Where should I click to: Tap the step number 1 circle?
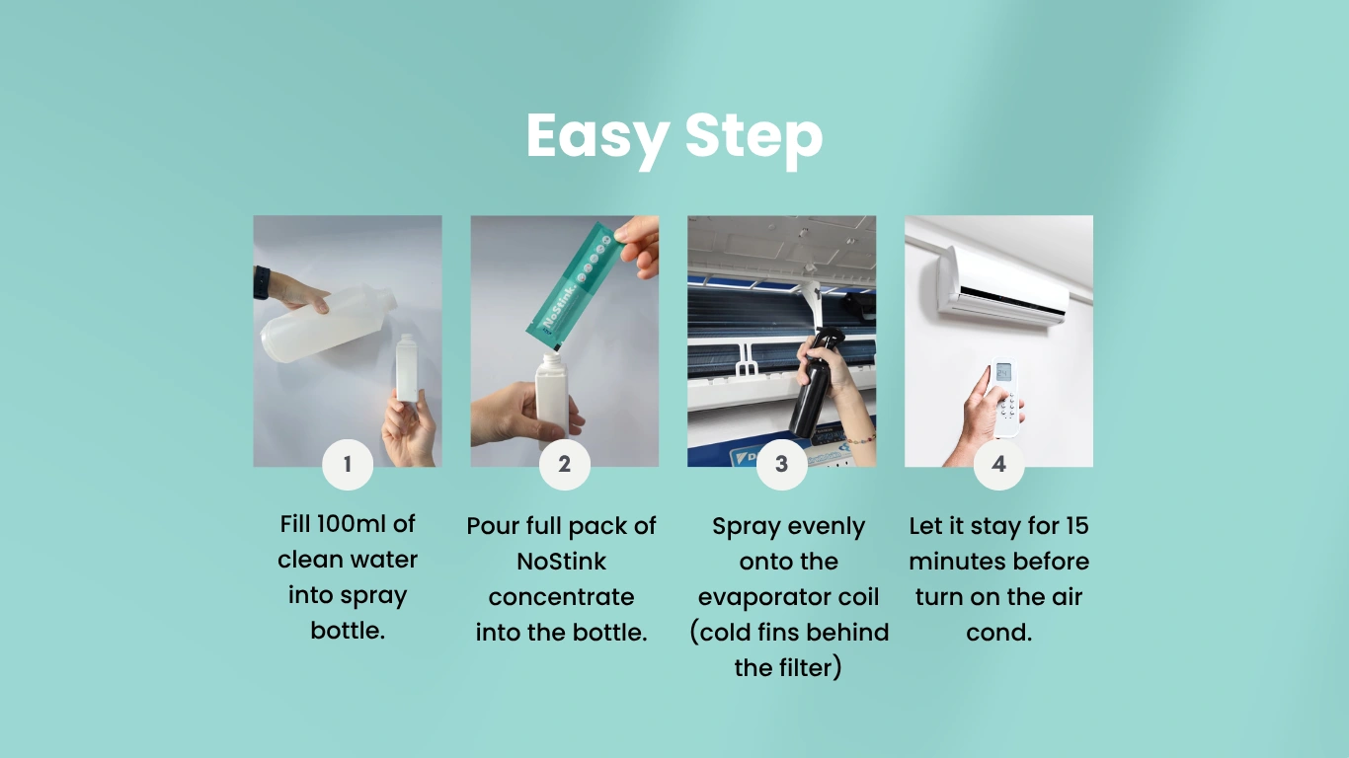pyautogui.click(x=348, y=464)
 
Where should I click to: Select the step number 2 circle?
pyautogui.click(x=565, y=464)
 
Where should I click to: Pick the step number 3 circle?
pyautogui.click(x=782, y=464)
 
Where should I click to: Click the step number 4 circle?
pyautogui.click(x=999, y=464)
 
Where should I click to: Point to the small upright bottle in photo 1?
pyautogui.click(x=407, y=367)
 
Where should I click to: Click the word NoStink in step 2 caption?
pyautogui.click(x=561, y=561)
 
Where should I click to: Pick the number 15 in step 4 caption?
pyautogui.click(x=1074, y=525)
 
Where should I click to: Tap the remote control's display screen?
pyautogui.click(x=1004, y=372)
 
